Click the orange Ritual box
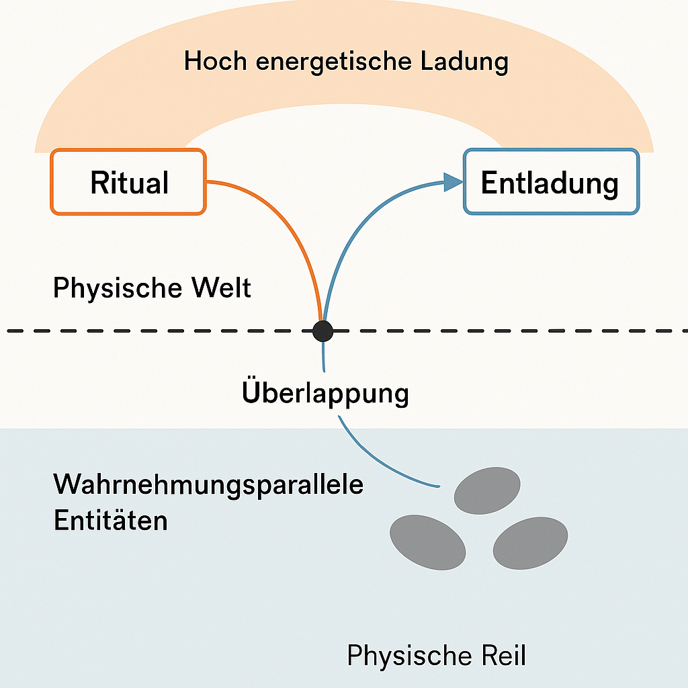pyautogui.click(x=128, y=182)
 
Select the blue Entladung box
pyautogui.click(x=551, y=182)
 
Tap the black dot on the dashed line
pyautogui.click(x=323, y=330)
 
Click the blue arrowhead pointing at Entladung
pyautogui.click(x=453, y=181)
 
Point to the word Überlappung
pyautogui.click(x=325, y=392)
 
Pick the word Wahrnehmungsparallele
pyautogui.click(x=208, y=484)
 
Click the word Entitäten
pyautogui.click(x=110, y=520)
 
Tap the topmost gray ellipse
pyautogui.click(x=487, y=490)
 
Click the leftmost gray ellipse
pyautogui.click(x=428, y=542)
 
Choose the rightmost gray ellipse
pyautogui.click(x=531, y=544)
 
